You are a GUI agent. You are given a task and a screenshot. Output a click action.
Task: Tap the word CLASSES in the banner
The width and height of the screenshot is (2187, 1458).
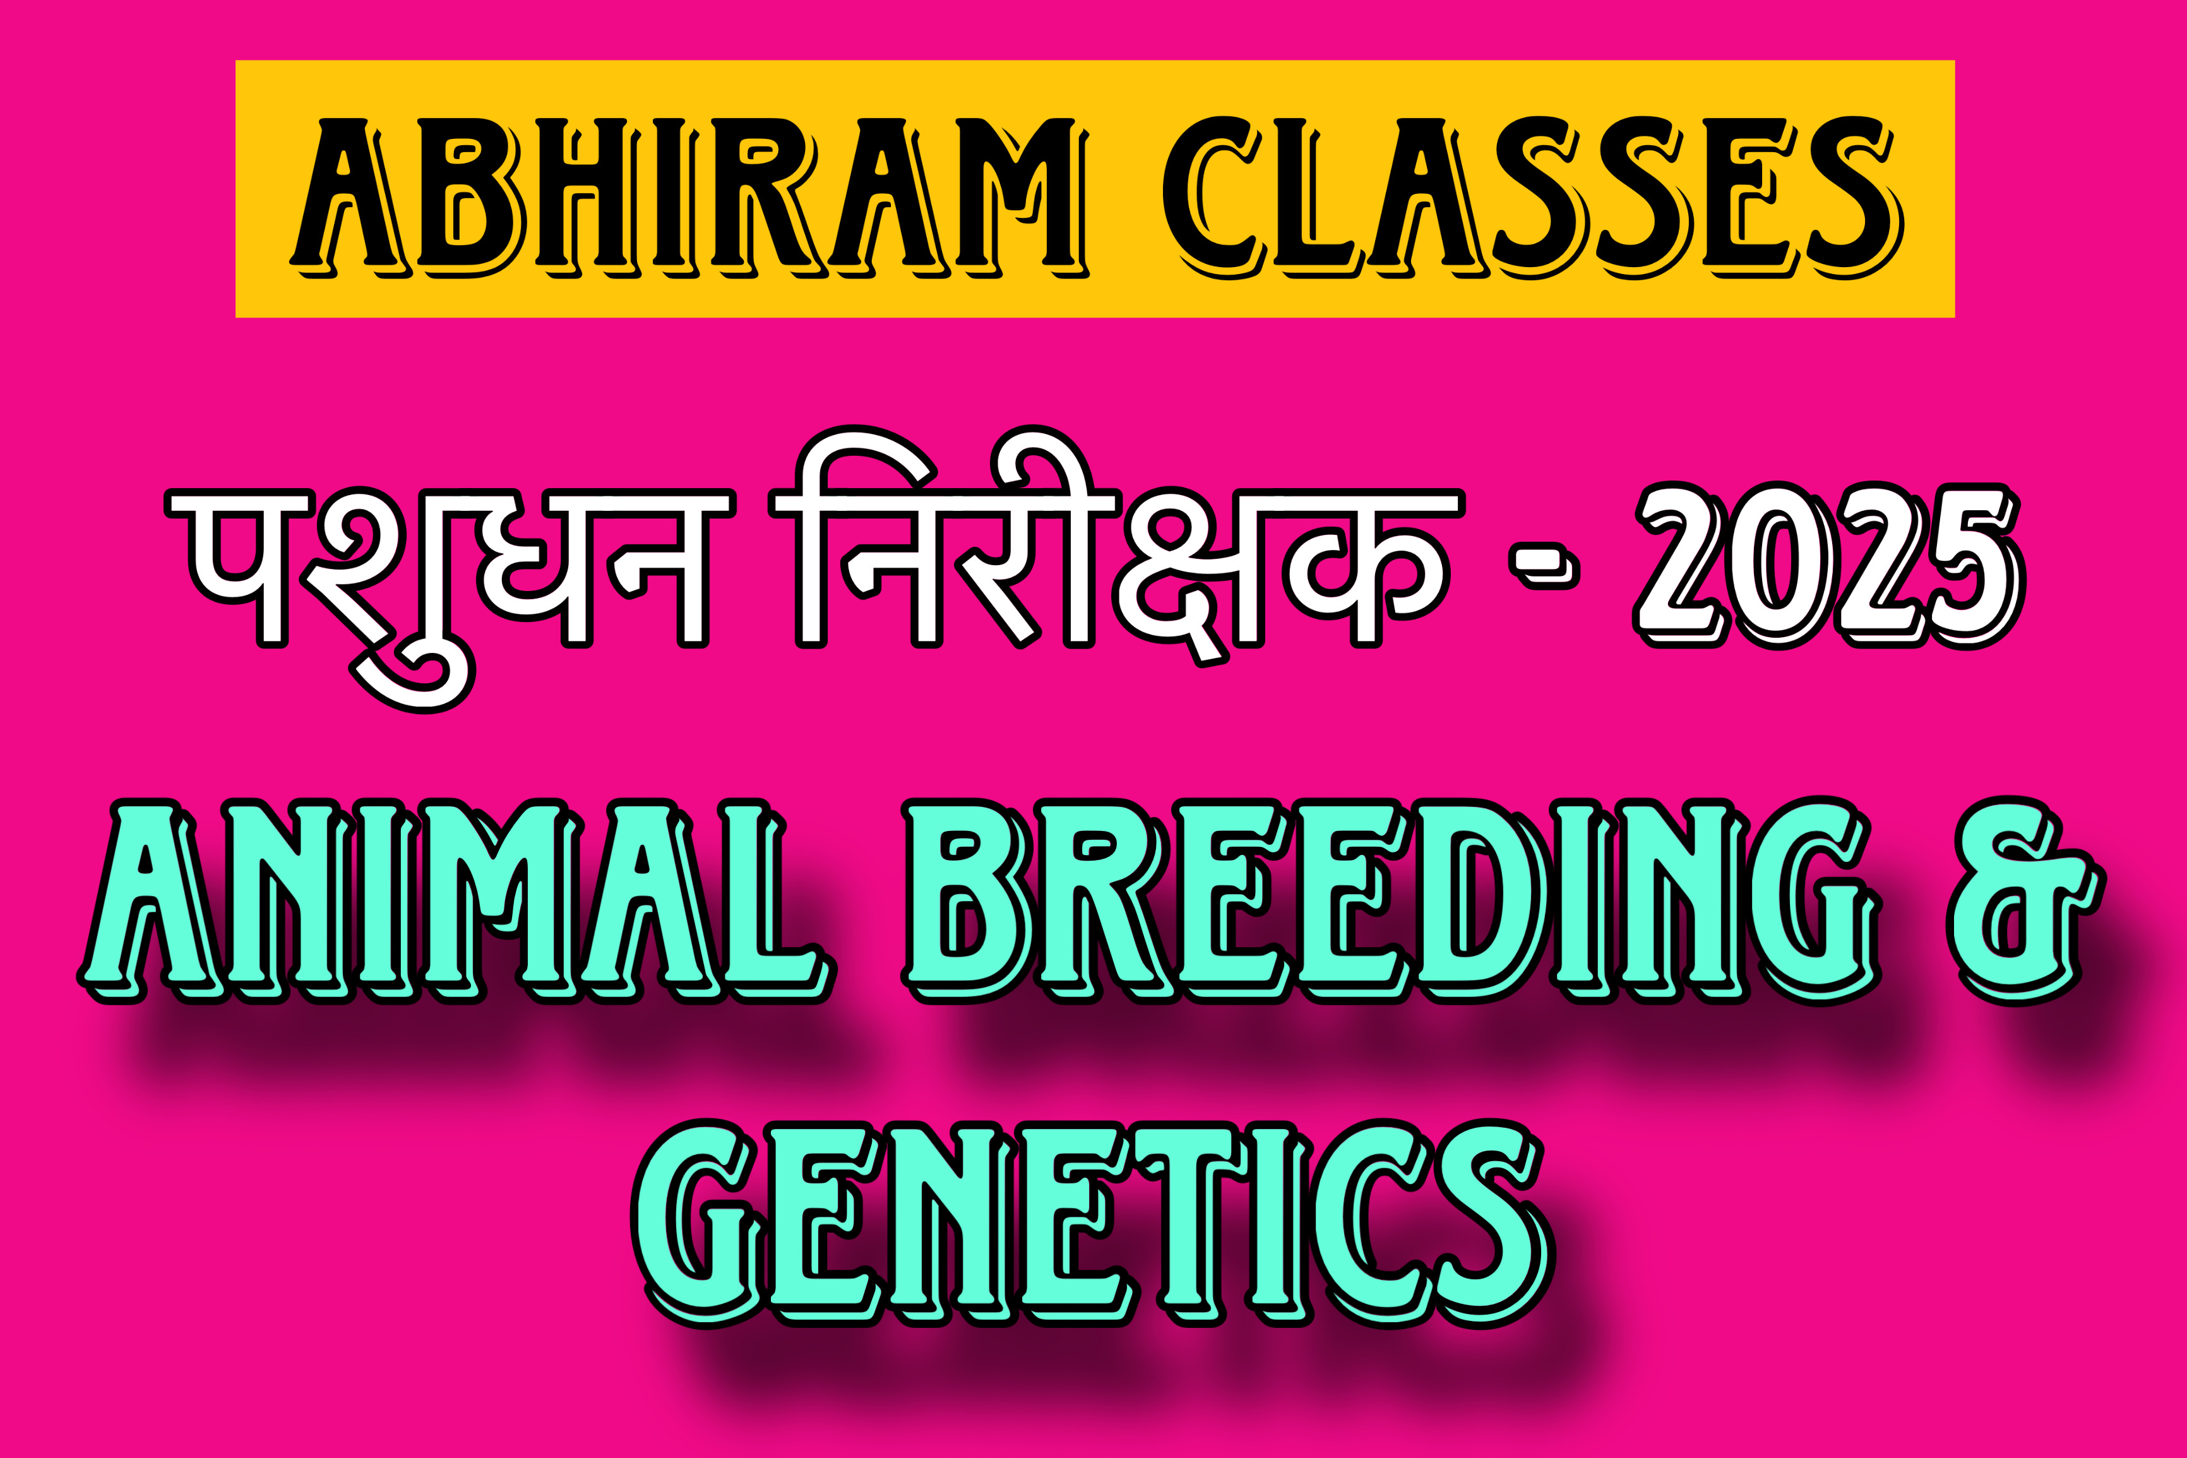point(1534,196)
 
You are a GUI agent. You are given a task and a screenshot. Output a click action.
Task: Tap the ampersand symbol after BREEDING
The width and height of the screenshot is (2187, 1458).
point(2026,902)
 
